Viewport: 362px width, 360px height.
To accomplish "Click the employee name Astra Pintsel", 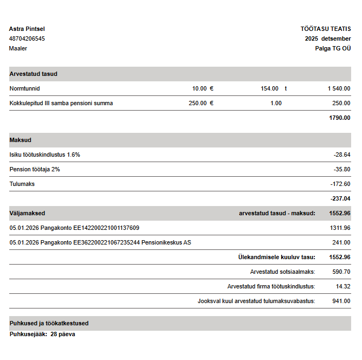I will pos(27,29).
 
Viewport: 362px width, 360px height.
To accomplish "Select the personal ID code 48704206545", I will pos(27,38).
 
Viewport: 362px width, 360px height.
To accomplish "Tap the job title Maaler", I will pos(18,48).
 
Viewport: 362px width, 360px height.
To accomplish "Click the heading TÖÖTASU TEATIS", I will pos(326,29).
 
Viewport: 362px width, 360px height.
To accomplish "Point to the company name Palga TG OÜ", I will pos(333,48).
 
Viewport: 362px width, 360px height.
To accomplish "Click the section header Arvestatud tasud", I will pos(33,74).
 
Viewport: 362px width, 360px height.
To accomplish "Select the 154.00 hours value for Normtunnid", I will pos(269,88).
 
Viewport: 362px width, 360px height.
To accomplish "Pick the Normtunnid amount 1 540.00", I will pos(339,88).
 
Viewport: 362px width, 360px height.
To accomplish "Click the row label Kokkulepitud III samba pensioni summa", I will pos(61,103).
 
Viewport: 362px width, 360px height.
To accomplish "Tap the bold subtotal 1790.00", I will pos(340,118).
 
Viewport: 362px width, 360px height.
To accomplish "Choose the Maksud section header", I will pos(21,140).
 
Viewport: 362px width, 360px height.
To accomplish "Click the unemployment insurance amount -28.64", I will pos(342,155).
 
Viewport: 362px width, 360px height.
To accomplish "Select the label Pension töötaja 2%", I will pos(35,169).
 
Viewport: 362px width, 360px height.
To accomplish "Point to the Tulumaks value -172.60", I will pos(340,184).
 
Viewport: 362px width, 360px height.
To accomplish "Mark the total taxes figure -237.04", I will pos(340,198).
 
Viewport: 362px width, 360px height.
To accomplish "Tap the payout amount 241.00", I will pos(341,242).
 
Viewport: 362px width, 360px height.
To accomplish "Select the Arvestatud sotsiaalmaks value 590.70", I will pos(341,272).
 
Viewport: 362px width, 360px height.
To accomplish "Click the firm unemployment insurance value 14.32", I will pos(343,286).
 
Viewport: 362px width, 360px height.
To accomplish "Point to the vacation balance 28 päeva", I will pos(62,334).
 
